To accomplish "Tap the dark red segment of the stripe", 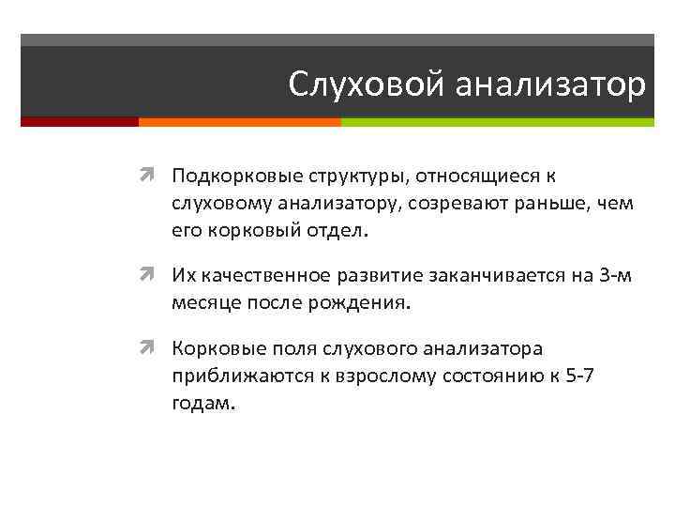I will pyautogui.click(x=80, y=122).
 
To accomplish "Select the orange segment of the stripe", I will pyautogui.click(x=239, y=122).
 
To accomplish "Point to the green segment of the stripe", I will pyautogui.click(x=497, y=122).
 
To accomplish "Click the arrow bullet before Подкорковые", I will pyautogui.click(x=152, y=176).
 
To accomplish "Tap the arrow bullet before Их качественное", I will pyautogui.click(x=152, y=275).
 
